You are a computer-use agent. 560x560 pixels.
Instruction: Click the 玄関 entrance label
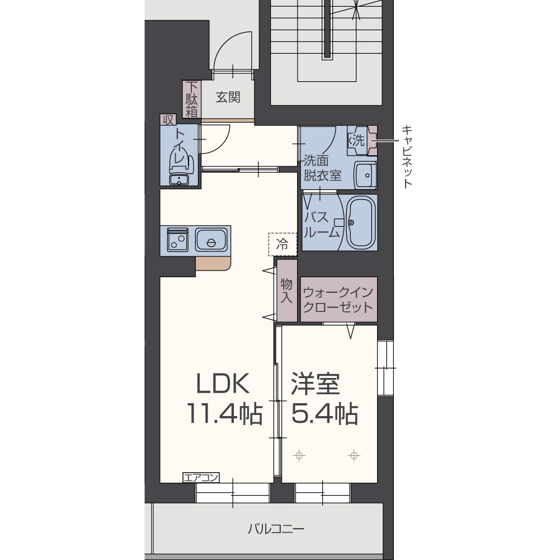[228, 97]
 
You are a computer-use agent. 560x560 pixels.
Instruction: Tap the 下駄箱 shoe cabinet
[192, 99]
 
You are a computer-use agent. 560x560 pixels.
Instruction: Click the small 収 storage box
[167, 119]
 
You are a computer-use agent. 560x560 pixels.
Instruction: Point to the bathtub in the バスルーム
[361, 222]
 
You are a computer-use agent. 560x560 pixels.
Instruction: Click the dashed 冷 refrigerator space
[283, 244]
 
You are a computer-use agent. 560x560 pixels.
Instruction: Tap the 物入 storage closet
[286, 291]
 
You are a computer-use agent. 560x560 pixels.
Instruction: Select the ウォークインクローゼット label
[338, 300]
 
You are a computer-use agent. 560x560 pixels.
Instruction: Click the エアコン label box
[201, 478]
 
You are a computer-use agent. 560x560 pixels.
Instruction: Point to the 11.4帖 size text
[224, 414]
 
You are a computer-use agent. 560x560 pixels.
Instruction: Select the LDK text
[222, 384]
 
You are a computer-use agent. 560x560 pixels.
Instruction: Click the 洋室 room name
[316, 384]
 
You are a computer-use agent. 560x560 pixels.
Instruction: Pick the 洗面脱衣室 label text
[322, 167]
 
